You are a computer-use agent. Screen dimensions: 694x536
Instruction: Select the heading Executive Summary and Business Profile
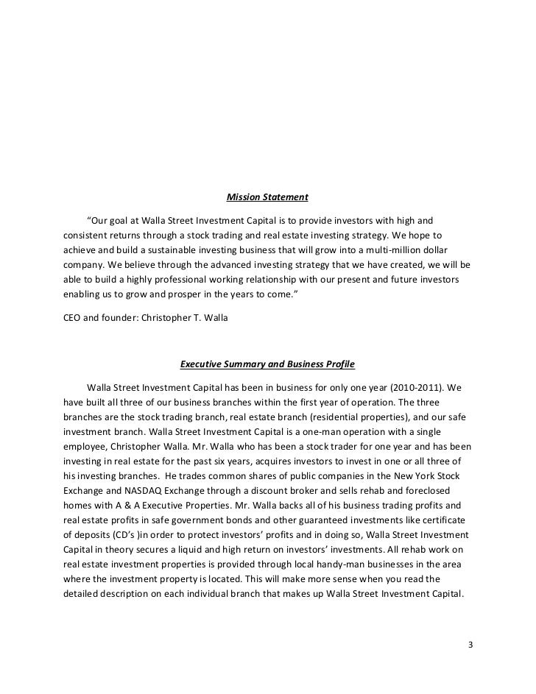[267, 364]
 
